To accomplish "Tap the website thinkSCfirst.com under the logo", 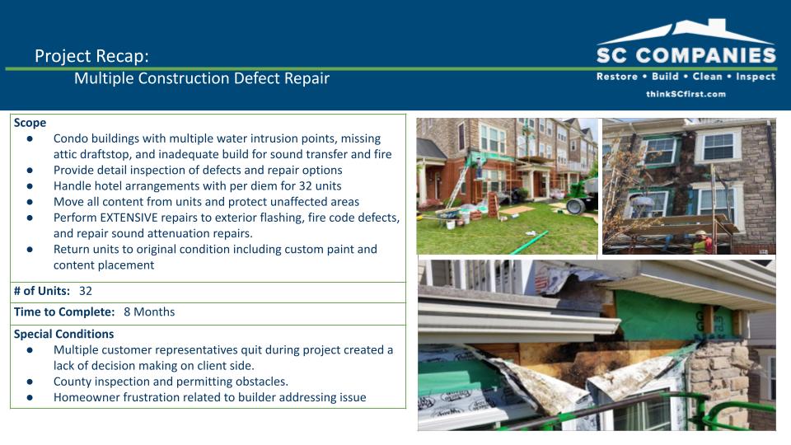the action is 686,94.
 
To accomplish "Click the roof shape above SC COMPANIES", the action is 686,31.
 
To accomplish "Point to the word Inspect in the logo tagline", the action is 756,77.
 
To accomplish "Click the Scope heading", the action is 30,123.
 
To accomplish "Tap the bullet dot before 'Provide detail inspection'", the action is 30,170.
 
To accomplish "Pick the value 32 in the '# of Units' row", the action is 85,291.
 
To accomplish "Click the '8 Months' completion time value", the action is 149,311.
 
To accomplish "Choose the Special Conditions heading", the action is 63,334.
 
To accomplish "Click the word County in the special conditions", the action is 71,382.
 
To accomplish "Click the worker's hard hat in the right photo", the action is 701,233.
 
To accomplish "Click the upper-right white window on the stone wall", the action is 718,146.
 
